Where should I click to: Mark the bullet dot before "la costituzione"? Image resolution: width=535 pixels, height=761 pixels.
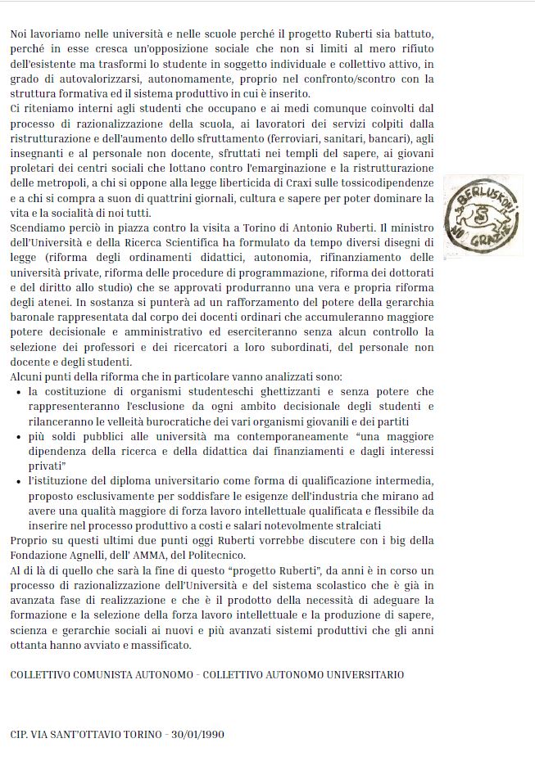point(19,392)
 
